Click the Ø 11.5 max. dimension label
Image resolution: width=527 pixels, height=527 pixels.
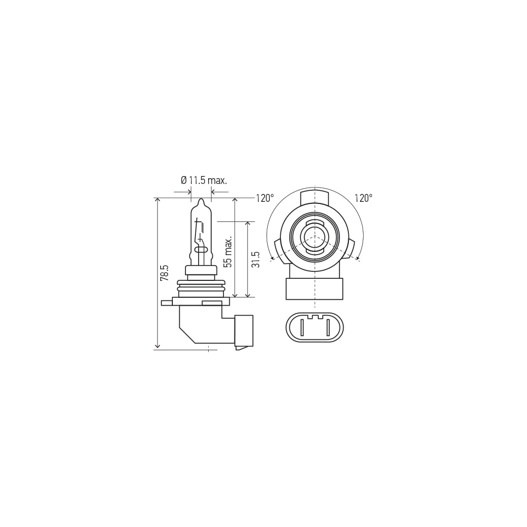click(203, 181)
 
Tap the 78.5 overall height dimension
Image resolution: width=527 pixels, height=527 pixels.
click(164, 272)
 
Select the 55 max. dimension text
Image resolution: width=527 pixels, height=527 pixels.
click(228, 252)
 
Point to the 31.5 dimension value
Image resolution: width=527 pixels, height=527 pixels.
click(256, 259)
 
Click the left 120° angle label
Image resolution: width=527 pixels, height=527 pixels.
click(265, 198)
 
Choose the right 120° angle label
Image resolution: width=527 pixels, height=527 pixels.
click(363, 198)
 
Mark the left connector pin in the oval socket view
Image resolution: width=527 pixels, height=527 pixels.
click(302, 327)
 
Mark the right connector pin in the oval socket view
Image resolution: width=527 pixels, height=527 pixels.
click(328, 327)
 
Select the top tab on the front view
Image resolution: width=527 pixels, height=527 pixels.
click(315, 198)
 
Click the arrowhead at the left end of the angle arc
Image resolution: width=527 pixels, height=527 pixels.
click(271, 259)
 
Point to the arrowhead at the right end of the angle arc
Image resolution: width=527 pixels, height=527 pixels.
click(358, 259)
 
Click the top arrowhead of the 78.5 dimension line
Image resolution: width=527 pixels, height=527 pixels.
click(158, 200)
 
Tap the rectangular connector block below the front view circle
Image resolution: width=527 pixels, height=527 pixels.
click(315, 289)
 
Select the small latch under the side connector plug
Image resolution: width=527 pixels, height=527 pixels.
click(243, 348)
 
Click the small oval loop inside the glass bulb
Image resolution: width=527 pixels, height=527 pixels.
click(200, 249)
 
